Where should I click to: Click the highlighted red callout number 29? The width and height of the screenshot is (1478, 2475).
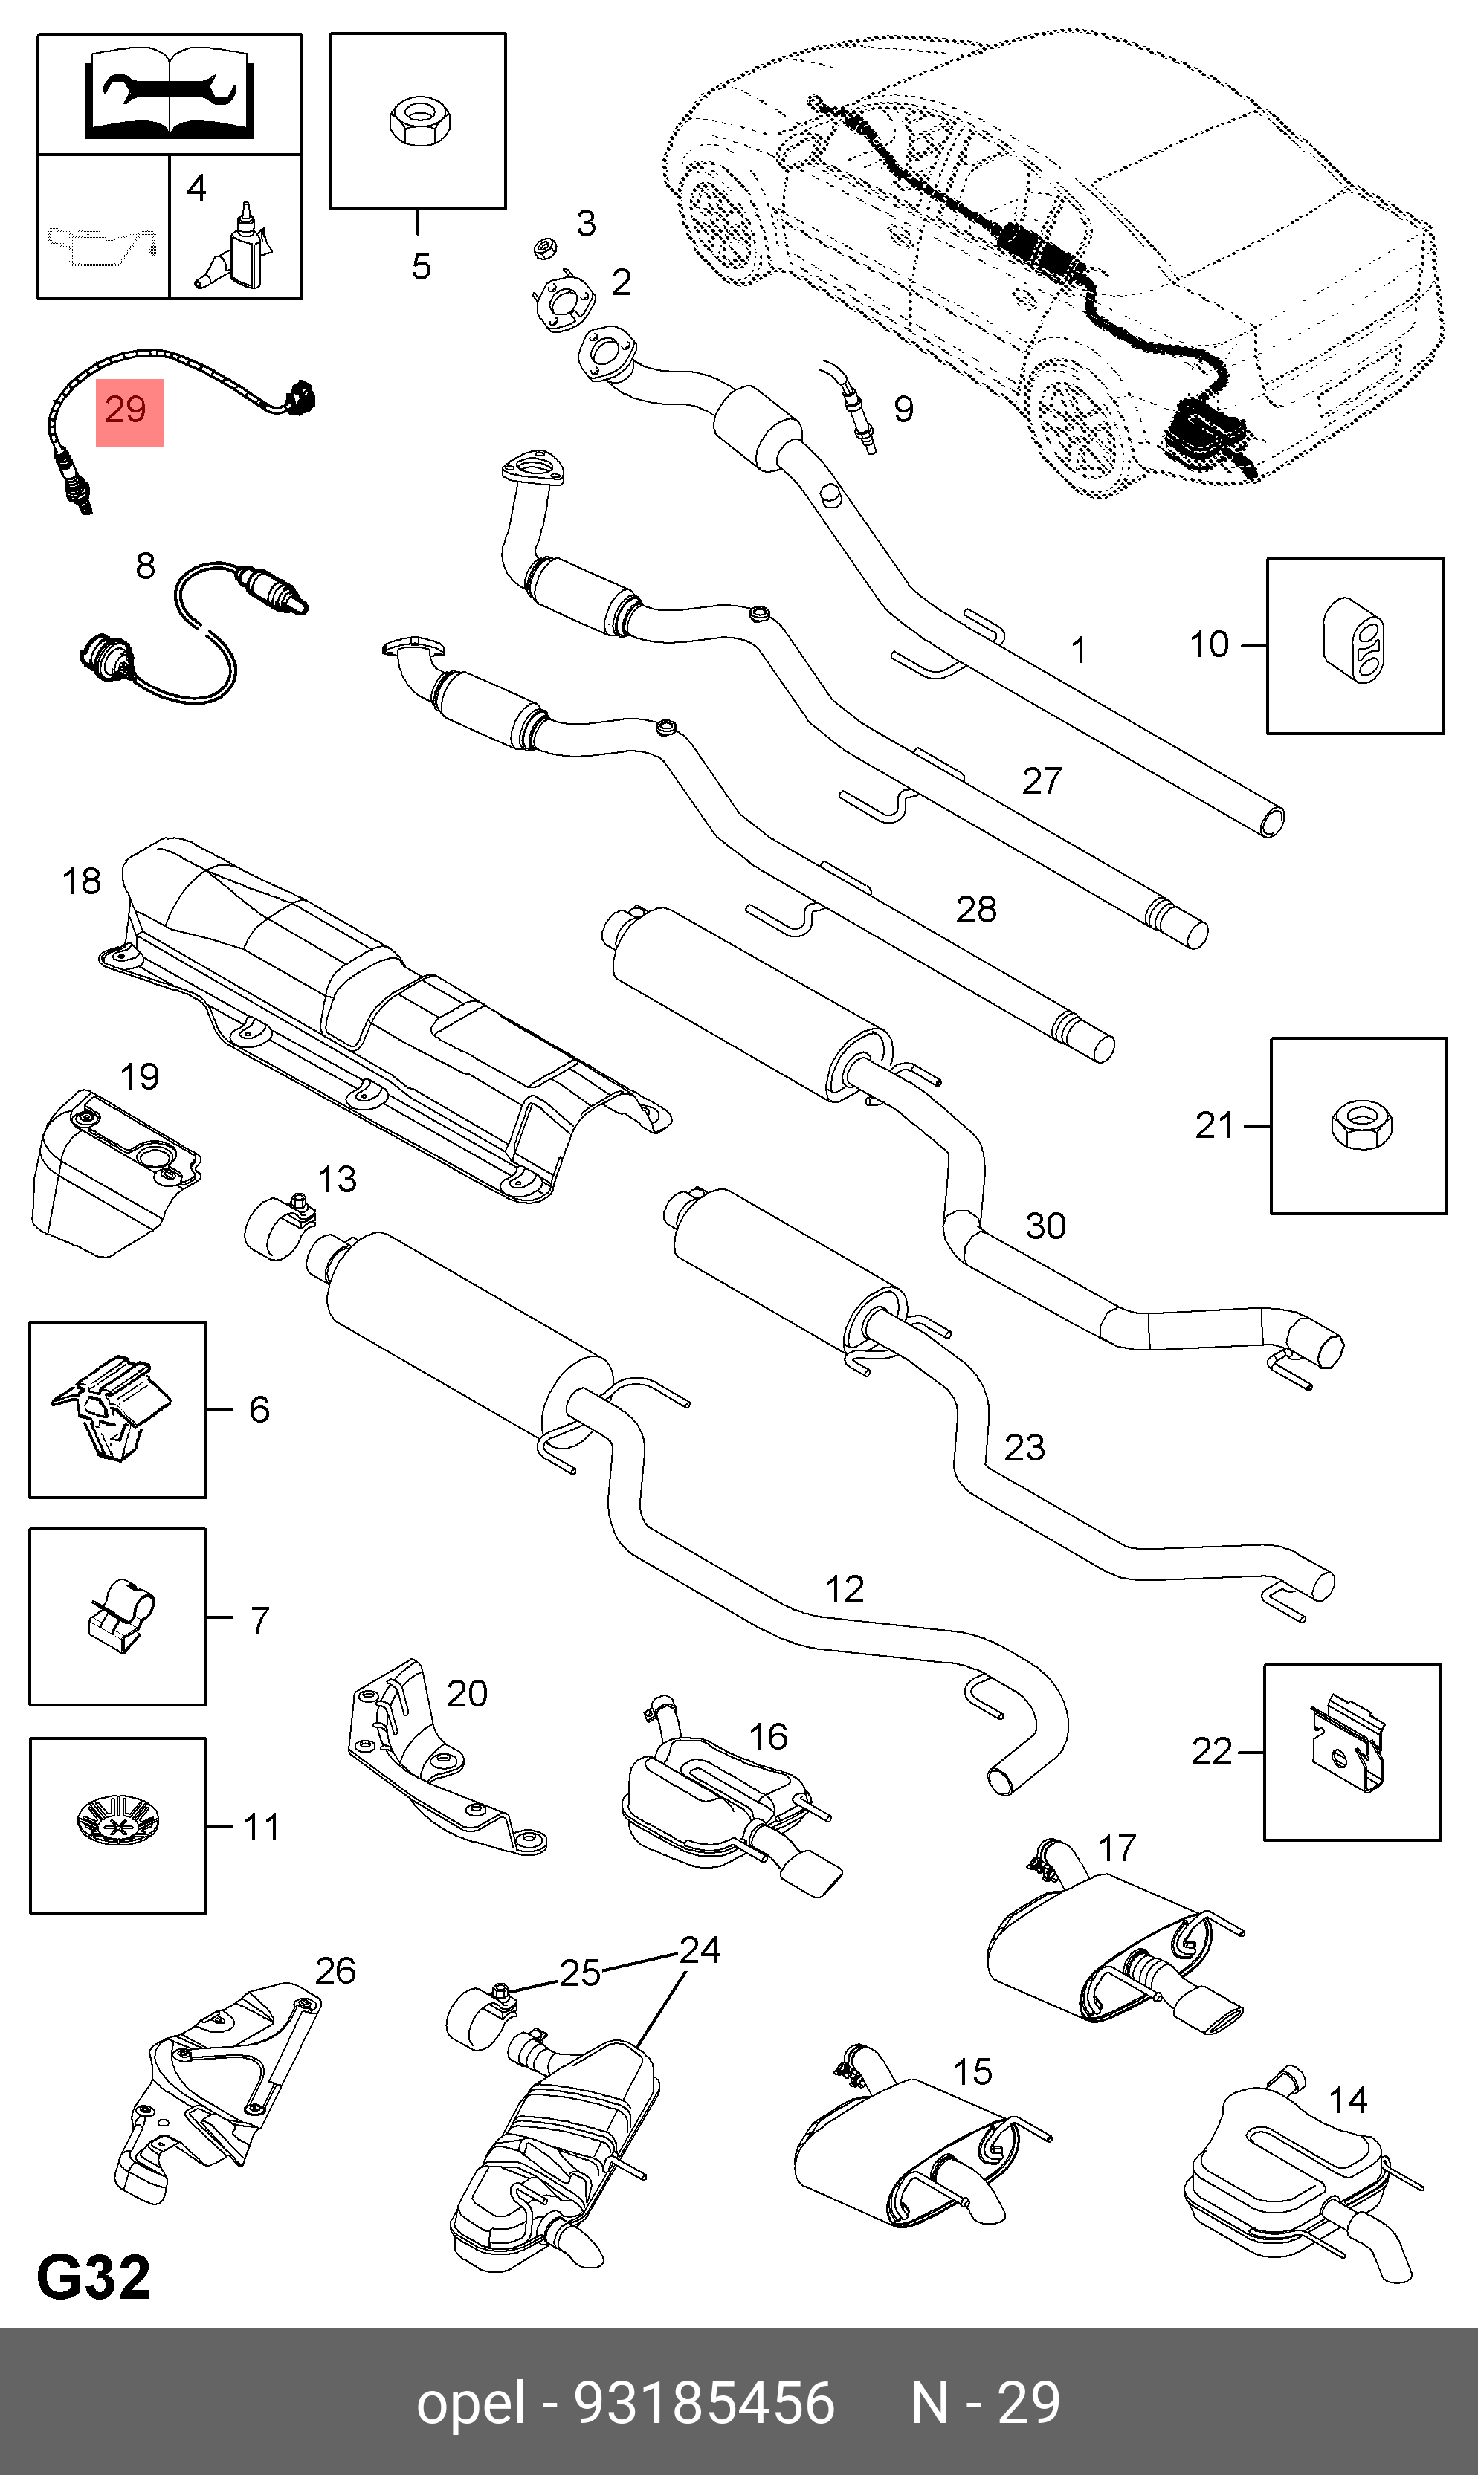(x=129, y=411)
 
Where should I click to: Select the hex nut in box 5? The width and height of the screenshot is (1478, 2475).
(x=419, y=120)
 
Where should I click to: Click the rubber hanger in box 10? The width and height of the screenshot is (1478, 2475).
(x=1354, y=645)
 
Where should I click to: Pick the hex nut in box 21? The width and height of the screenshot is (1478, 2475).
(x=1361, y=1125)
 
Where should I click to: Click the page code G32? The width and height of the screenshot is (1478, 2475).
(x=94, y=2277)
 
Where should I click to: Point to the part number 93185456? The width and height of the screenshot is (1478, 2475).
(x=704, y=2401)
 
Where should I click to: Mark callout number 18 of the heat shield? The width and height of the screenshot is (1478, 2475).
(x=82, y=881)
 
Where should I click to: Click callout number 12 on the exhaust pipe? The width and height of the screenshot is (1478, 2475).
(x=845, y=1588)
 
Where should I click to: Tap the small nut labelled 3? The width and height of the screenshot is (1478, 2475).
(x=545, y=246)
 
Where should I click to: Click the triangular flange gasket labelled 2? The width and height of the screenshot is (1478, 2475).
(x=562, y=302)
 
